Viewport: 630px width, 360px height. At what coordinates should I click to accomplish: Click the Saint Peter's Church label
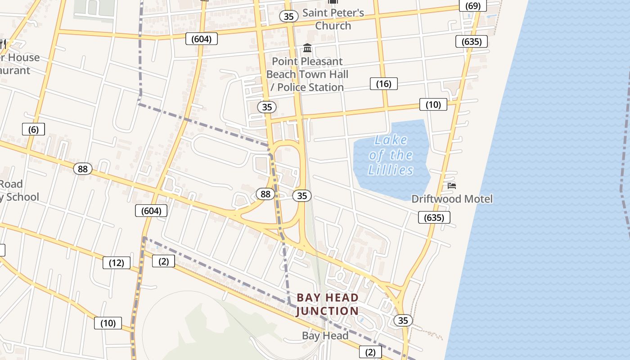point(333,19)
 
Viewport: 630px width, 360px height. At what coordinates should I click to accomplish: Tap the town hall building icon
point(308,48)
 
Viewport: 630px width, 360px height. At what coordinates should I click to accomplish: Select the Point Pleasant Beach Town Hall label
point(307,74)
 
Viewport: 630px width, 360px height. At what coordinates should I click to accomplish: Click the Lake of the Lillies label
point(390,155)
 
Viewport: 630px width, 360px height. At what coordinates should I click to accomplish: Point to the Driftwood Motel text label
point(452,199)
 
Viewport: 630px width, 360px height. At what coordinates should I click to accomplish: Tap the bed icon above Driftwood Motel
point(452,185)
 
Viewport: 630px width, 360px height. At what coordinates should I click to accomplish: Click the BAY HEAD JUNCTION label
point(328,304)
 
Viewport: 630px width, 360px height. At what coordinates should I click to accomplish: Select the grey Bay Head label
point(325,336)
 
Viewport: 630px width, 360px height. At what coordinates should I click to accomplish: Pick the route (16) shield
point(384,84)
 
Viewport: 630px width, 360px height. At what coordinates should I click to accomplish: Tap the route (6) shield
point(34,130)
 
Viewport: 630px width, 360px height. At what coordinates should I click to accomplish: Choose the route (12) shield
point(117,263)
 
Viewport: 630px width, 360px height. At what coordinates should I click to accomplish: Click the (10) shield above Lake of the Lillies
point(433,105)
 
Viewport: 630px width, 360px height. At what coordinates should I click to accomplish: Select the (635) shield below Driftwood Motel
point(434,218)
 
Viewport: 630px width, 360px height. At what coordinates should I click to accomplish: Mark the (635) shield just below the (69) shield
point(472,42)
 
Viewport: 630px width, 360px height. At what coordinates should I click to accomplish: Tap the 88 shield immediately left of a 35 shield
point(265,194)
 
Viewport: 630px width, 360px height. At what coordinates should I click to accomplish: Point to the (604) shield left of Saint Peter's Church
point(201,39)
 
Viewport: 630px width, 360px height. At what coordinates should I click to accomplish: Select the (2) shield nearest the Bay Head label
point(370,352)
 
